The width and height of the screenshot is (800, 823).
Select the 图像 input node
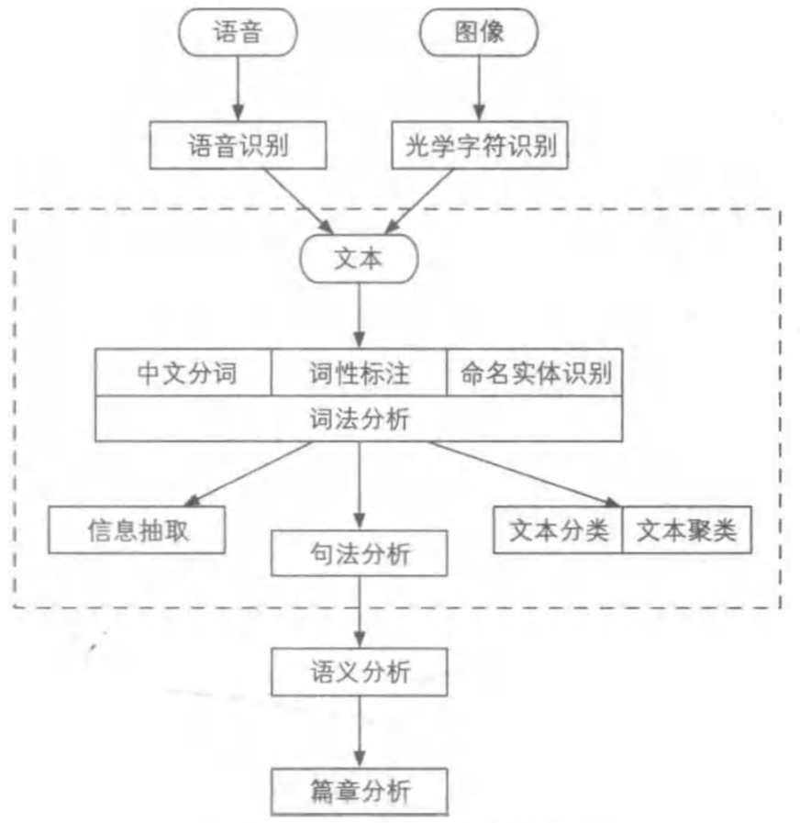pyautogui.click(x=479, y=33)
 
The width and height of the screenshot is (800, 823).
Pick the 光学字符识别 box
pyautogui.click(x=480, y=146)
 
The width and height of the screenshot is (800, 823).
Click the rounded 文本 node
pyautogui.click(x=359, y=260)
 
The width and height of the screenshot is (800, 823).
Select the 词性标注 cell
pyautogui.click(x=359, y=373)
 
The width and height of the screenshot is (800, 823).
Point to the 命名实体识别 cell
pyautogui.click(x=536, y=373)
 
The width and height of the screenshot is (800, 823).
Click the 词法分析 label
pyautogui.click(x=359, y=419)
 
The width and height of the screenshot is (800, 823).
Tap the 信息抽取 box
pyautogui.click(x=138, y=530)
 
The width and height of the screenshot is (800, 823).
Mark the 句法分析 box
pyautogui.click(x=359, y=554)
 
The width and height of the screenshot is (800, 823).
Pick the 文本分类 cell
pyautogui.click(x=559, y=530)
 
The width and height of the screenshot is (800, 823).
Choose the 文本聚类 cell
pyautogui.click(x=686, y=530)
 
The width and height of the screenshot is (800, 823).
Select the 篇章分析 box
pyautogui.click(x=359, y=790)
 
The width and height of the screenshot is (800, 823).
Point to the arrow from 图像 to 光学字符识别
pyautogui.click(x=479, y=90)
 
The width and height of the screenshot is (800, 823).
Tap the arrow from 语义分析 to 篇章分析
pyautogui.click(x=359, y=731)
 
